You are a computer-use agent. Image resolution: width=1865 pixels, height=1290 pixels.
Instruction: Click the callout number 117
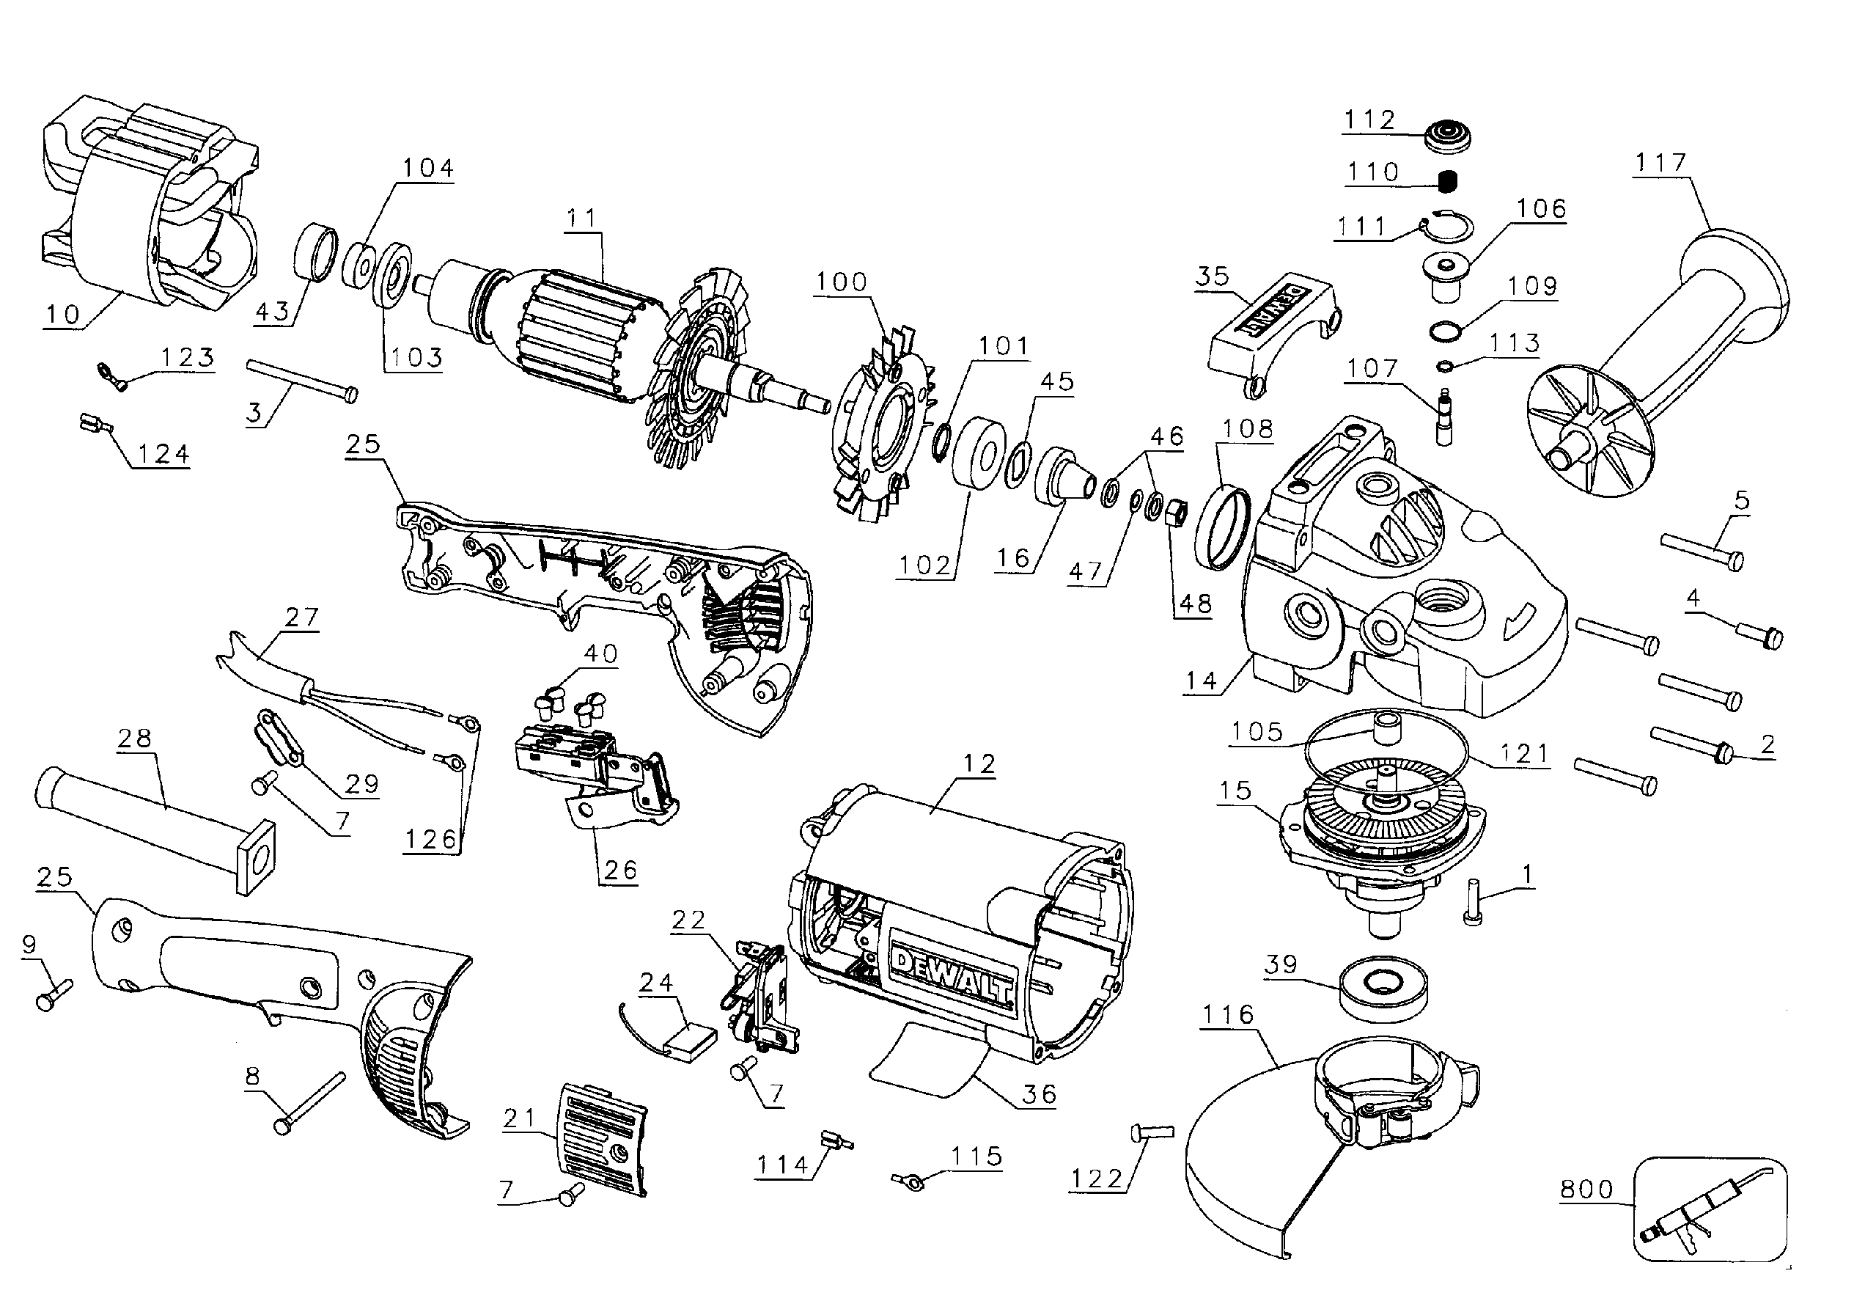1660,164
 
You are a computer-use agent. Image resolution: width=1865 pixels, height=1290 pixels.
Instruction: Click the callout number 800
1586,1189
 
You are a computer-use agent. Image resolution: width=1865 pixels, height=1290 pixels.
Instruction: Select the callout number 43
272,311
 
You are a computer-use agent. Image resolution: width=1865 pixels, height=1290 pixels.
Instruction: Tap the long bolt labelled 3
301,380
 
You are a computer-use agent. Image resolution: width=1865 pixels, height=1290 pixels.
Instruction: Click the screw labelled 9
54,994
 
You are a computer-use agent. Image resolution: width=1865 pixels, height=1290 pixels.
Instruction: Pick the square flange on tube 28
256,858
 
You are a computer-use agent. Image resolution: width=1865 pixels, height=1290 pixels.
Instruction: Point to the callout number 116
1227,1014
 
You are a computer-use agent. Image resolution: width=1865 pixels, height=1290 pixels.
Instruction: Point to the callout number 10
63,314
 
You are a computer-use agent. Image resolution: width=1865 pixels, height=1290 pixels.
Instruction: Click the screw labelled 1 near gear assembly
1471,904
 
